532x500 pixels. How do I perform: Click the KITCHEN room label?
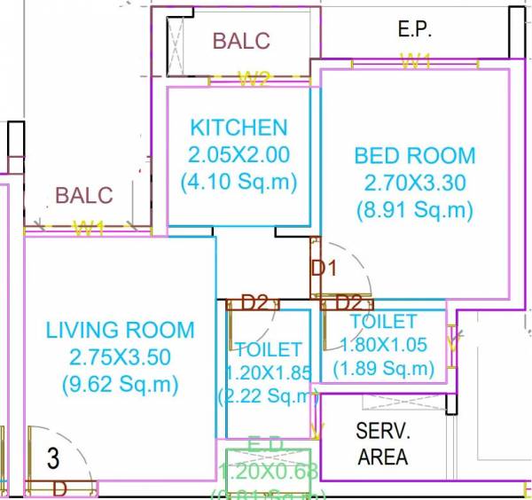[x=239, y=128]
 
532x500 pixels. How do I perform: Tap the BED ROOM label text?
[x=414, y=156]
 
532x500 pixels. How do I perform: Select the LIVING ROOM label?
[x=120, y=331]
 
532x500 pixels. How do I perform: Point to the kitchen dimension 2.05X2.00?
[x=239, y=154]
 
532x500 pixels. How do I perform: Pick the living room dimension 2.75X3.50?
[x=120, y=358]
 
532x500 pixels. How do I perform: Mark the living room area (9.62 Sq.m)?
[x=120, y=385]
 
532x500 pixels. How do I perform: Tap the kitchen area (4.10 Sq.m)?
[x=239, y=182]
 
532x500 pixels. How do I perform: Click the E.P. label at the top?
[x=414, y=29]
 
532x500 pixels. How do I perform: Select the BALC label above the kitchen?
[x=241, y=42]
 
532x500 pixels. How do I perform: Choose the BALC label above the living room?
[x=84, y=195]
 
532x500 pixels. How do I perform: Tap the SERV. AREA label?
[x=382, y=445]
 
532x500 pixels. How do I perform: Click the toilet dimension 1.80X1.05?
[x=383, y=344]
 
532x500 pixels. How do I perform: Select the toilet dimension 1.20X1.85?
[x=268, y=373]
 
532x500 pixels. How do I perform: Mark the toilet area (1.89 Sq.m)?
[x=383, y=367]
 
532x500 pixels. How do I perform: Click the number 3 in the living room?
[x=53, y=459]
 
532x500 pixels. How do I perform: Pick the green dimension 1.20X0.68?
[x=268, y=471]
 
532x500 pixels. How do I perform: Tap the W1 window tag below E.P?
[x=415, y=61]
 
